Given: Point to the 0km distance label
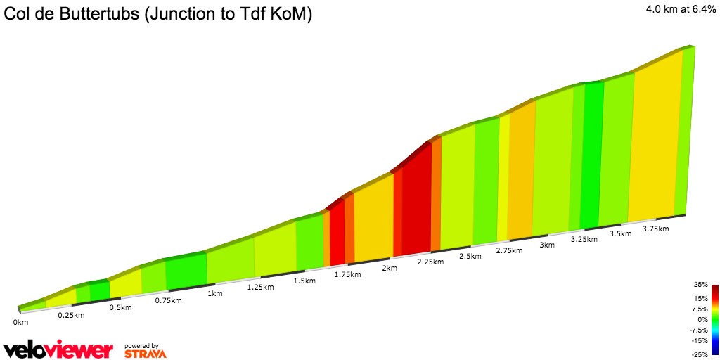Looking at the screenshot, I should pos(20,322).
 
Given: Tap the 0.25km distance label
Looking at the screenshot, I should pos(70,315).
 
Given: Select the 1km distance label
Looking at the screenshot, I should pos(215,293).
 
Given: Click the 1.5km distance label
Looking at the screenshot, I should pos(304,281).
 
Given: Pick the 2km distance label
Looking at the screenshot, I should pos(390,268).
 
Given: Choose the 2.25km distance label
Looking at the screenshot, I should pos(430,262).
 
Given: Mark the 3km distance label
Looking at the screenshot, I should pos(547,245).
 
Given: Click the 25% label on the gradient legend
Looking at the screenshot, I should pos(700,285).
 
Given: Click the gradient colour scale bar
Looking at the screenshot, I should pos(714,319).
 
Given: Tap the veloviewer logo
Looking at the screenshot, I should pos(58,350).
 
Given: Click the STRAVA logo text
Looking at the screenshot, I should pos(145,354).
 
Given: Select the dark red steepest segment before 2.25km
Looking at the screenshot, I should pos(416,204).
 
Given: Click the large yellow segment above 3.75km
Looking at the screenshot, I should pos(654,141).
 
